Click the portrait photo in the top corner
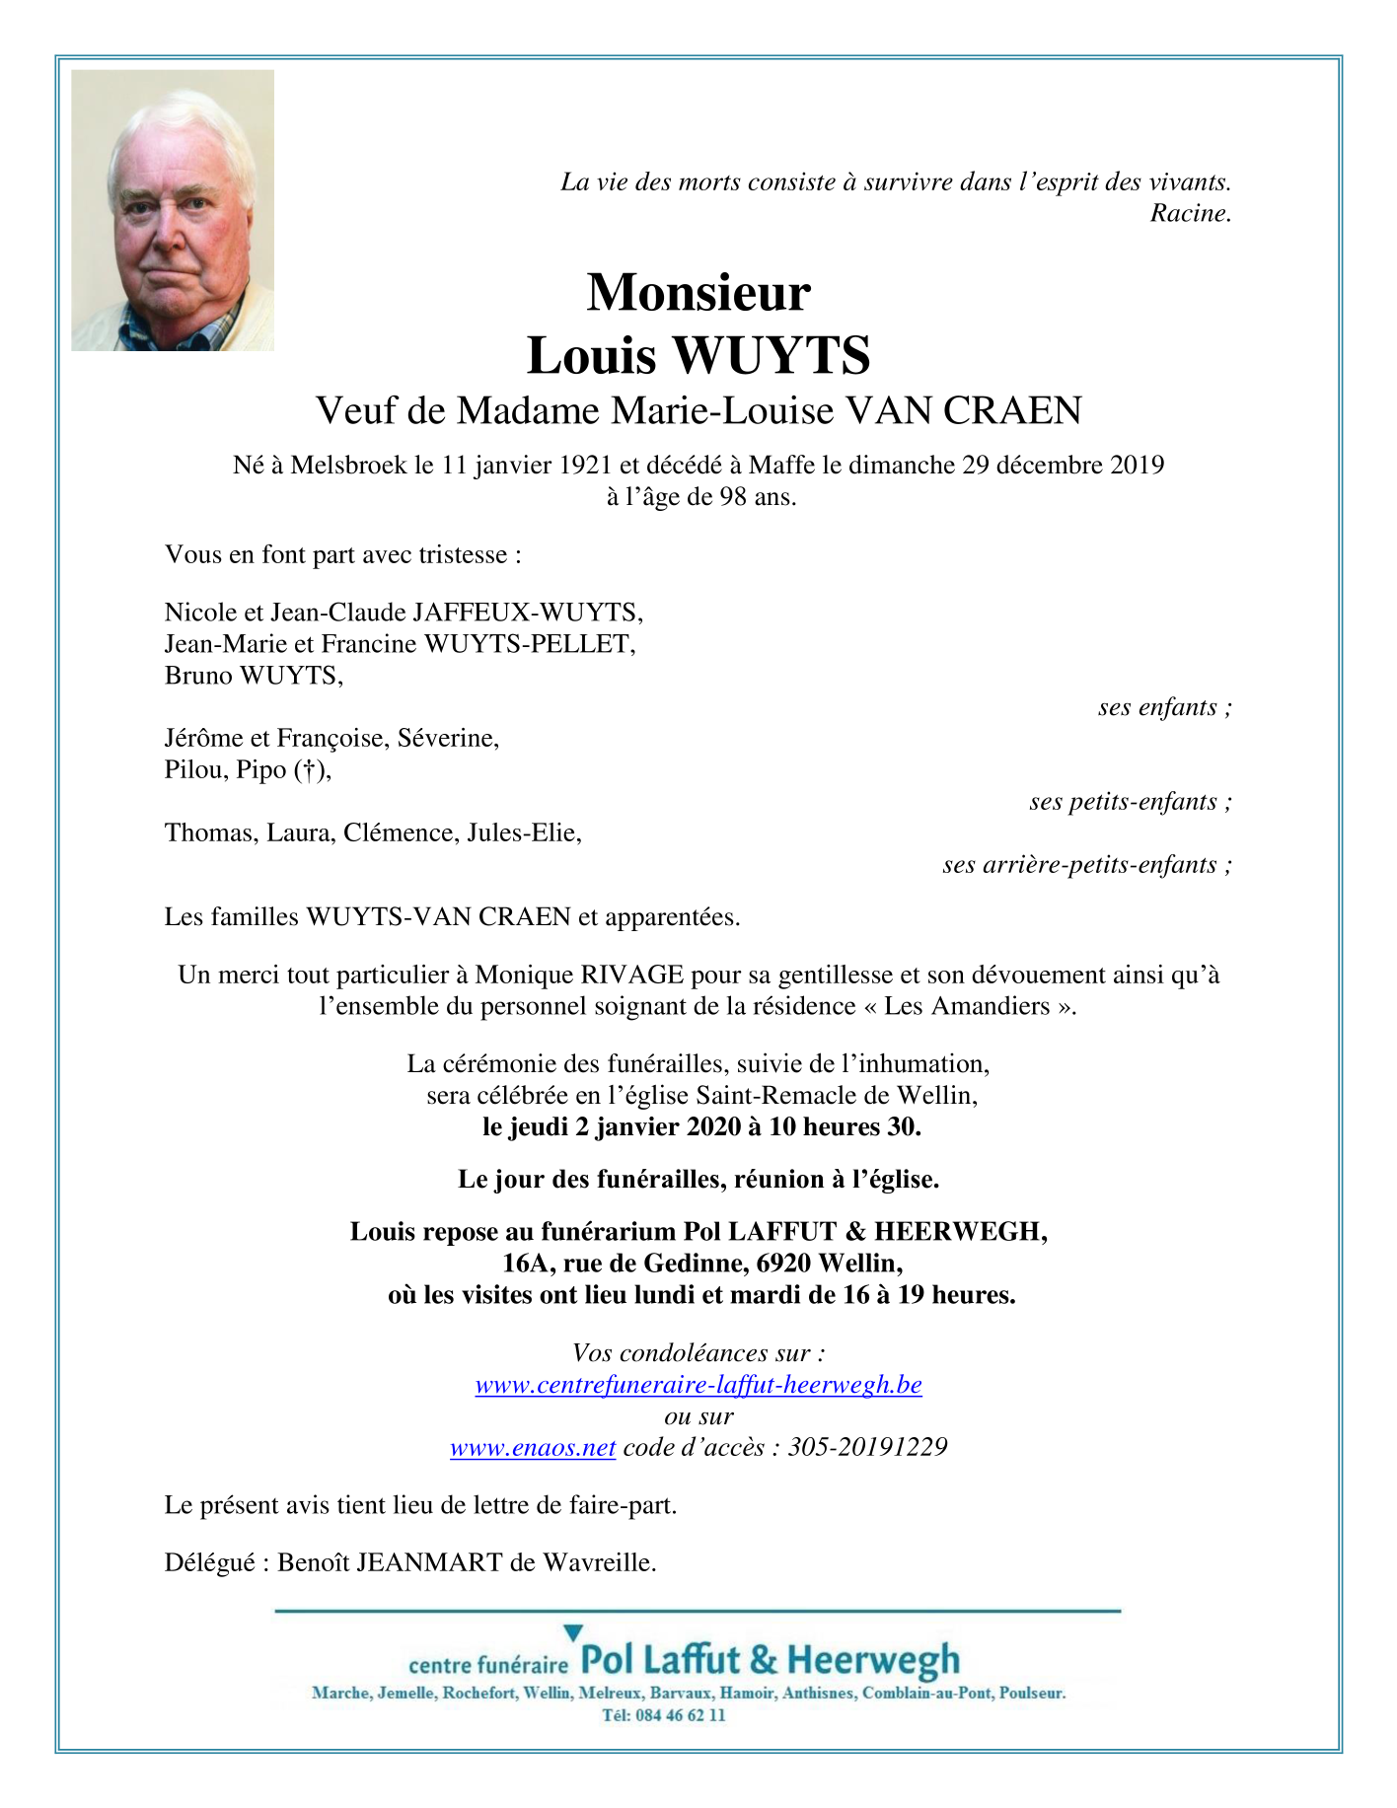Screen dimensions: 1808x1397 point(173,210)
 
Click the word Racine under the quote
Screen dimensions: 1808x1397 point(1189,213)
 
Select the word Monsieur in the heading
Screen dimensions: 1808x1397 point(698,292)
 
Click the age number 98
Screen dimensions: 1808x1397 point(733,496)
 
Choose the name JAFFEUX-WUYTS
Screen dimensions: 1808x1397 point(527,613)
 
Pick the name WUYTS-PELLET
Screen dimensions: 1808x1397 point(528,644)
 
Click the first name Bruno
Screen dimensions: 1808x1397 point(198,676)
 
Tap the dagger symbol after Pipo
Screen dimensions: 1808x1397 point(310,770)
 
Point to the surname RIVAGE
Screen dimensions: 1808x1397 point(631,976)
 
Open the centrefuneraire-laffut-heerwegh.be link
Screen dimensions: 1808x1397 point(698,1385)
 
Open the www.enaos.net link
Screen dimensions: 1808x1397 point(533,1447)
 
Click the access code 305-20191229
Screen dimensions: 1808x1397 point(867,1447)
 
